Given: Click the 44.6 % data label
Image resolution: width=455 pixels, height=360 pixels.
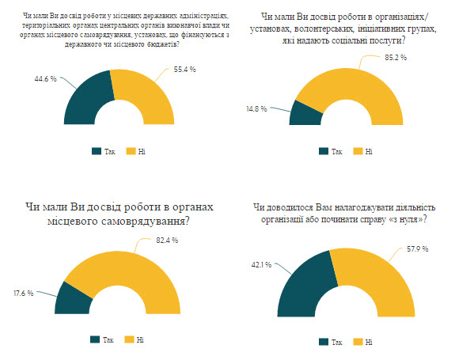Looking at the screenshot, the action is point(46,79).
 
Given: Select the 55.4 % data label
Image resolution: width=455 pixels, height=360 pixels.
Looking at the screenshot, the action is point(185,70).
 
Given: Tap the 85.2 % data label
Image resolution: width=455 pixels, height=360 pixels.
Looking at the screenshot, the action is point(396,58).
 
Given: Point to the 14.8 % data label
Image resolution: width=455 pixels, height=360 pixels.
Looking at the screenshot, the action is point(256,109).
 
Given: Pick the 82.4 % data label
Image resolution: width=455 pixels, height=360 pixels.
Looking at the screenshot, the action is point(167,241).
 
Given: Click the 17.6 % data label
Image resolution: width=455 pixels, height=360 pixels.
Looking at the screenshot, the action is point(24,294).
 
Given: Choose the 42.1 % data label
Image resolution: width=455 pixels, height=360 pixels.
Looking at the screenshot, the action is point(261,265).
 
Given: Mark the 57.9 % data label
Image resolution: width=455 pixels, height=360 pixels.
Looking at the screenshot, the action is point(418,249).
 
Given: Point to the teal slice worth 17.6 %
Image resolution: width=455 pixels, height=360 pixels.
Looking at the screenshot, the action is point(73,299).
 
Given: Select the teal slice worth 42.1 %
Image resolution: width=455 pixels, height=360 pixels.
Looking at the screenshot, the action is point(305,284).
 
